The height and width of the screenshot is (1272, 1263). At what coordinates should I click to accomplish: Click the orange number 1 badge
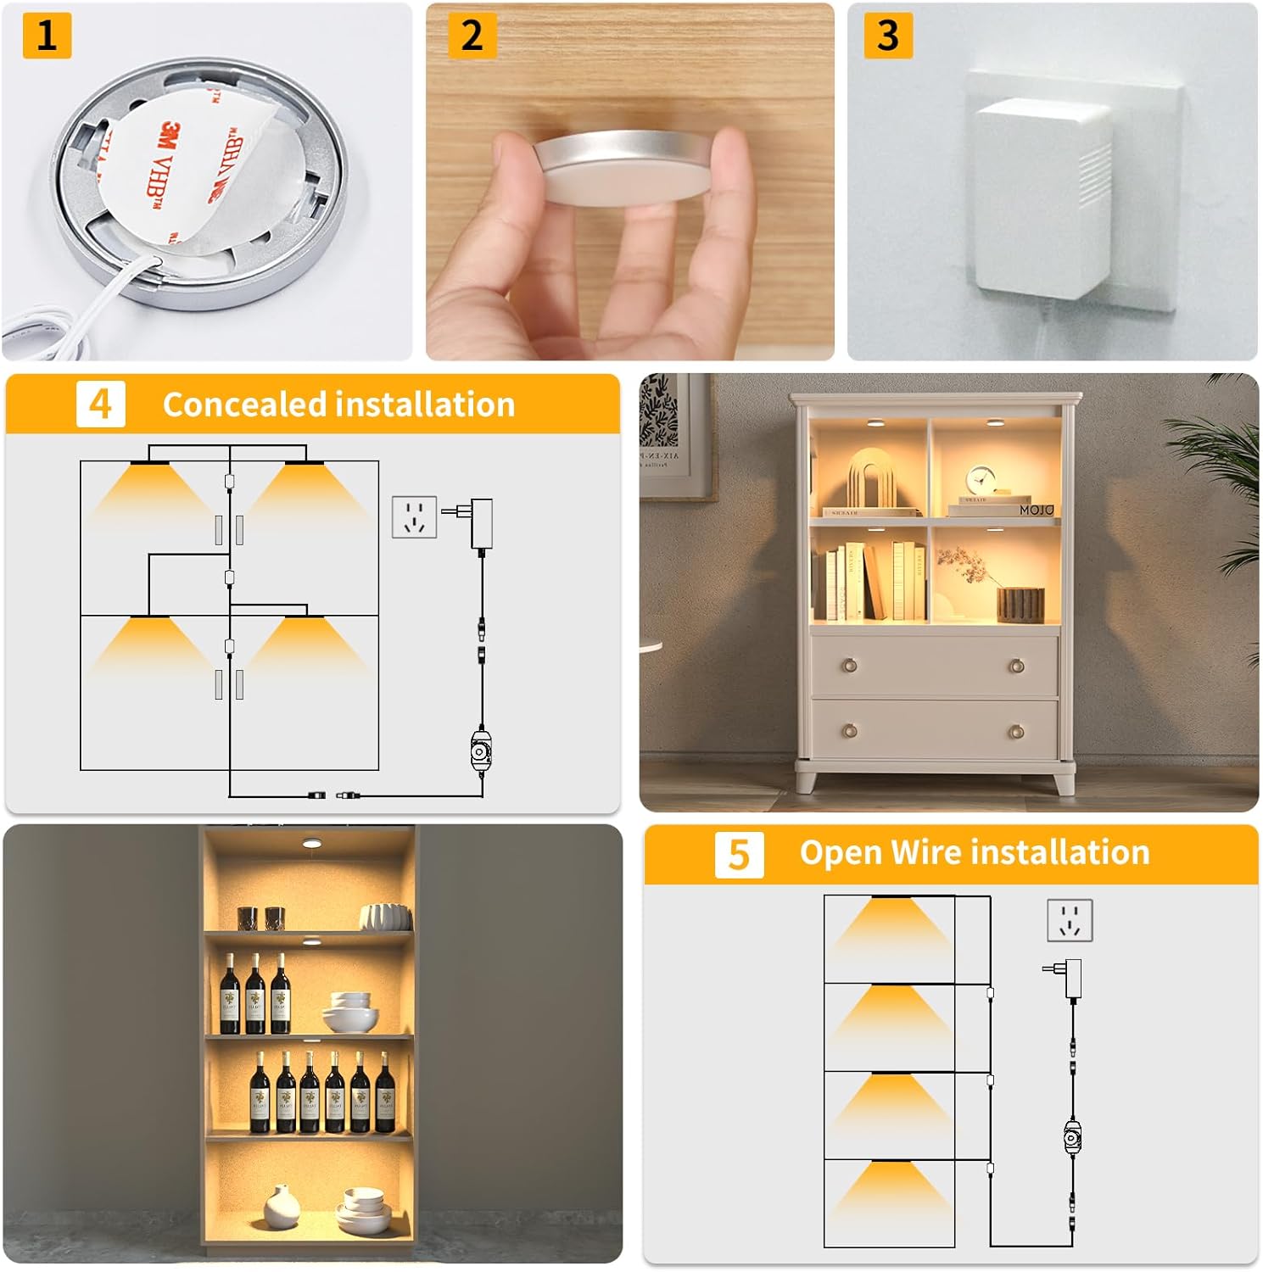coord(47,36)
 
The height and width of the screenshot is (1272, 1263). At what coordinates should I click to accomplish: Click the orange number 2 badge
coord(472,36)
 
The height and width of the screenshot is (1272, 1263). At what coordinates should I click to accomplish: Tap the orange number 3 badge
coord(887,36)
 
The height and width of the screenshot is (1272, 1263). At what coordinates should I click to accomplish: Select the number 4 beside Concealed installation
coord(100,404)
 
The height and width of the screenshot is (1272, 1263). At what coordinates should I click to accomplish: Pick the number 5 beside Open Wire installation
coord(739,854)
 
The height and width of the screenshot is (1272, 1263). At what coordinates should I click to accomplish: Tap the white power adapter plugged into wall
coord(1040,195)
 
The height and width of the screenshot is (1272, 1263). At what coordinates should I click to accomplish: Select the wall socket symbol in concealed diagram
coord(414,517)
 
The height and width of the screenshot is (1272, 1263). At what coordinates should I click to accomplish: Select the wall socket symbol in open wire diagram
coord(1069,920)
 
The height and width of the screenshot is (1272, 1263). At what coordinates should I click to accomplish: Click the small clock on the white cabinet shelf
coord(981,482)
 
